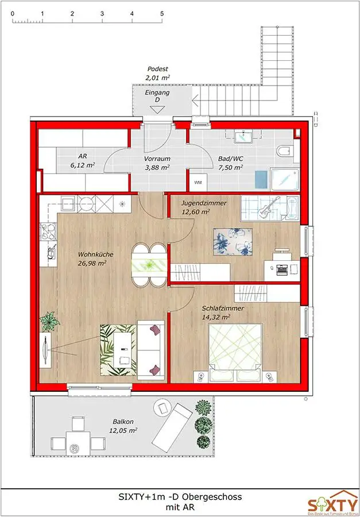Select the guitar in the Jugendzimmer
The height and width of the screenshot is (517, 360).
click(x=266, y=210)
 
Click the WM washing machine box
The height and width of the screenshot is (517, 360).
click(x=198, y=183)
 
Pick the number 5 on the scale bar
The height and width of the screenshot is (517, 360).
click(x=162, y=13)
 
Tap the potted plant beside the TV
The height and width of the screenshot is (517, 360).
click(x=50, y=321)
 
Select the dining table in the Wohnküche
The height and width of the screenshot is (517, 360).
click(x=149, y=264)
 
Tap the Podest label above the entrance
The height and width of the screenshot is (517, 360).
click(x=157, y=68)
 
